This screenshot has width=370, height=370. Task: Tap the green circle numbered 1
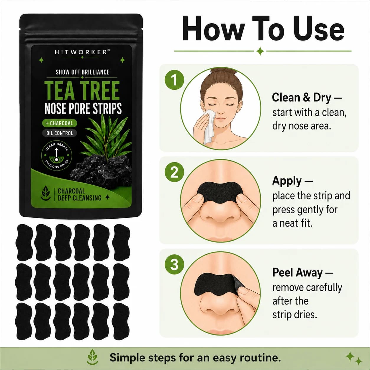(x=174, y=80)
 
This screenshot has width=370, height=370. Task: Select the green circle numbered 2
(x=174, y=172)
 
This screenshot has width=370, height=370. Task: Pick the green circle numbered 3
(x=174, y=265)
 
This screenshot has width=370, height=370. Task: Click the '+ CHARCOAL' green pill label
(x=60, y=123)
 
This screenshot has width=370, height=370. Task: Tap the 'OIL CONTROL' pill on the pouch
(x=60, y=133)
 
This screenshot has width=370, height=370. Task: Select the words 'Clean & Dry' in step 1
(x=302, y=98)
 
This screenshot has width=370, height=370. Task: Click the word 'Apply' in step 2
(x=287, y=181)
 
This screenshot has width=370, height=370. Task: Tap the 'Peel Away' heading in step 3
(x=297, y=273)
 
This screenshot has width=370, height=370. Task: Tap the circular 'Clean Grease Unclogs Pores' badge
(x=56, y=155)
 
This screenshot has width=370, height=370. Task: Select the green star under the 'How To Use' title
(x=260, y=51)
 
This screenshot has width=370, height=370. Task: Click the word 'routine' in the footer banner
(x=260, y=358)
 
